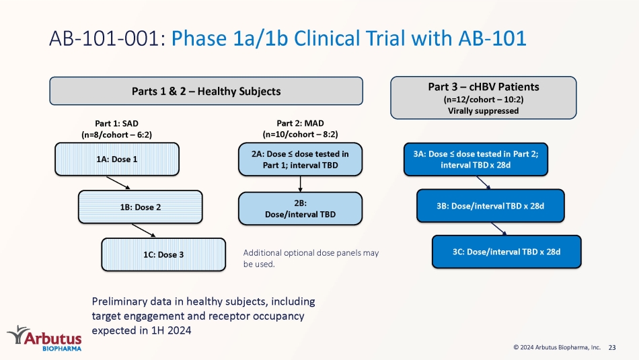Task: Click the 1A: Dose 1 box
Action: (117, 159)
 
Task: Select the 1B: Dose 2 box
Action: (140, 207)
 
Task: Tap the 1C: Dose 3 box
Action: (163, 254)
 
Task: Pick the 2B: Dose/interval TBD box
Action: (301, 209)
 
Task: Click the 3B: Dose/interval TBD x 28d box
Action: (490, 206)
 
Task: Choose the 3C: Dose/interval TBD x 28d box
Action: (506, 252)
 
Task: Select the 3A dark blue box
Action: (476, 159)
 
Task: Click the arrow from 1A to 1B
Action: (118, 182)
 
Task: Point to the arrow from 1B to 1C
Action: (143, 230)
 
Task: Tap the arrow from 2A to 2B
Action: (301, 184)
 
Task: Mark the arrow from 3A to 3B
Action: (484, 182)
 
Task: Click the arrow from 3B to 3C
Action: (499, 229)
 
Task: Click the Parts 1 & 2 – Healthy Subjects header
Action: (206, 91)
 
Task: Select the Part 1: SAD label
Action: (116, 123)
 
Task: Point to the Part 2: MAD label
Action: (301, 123)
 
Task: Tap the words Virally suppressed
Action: (484, 110)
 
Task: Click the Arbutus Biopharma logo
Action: (44, 338)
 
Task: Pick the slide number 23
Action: (612, 347)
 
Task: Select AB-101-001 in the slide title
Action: (107, 38)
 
